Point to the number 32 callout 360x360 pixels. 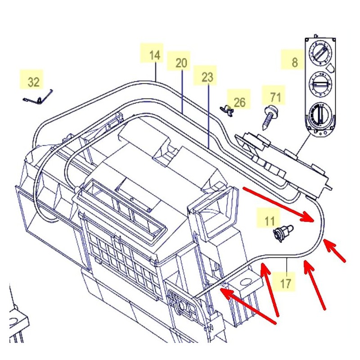click(x=34, y=82)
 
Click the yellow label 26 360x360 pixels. click(x=240, y=102)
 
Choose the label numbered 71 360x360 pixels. click(x=275, y=96)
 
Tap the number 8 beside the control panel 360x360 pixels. click(x=294, y=62)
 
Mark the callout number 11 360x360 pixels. click(x=269, y=220)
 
